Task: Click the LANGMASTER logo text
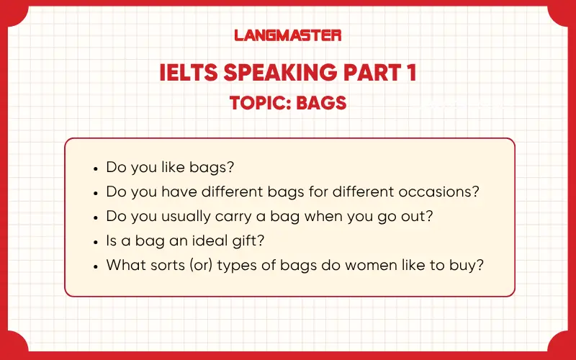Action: (288, 35)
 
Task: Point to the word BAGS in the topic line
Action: (324, 103)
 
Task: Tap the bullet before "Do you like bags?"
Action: (96, 168)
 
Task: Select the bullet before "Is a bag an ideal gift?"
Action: (96, 241)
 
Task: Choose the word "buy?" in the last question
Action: (466, 266)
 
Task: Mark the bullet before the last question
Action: (96, 266)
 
